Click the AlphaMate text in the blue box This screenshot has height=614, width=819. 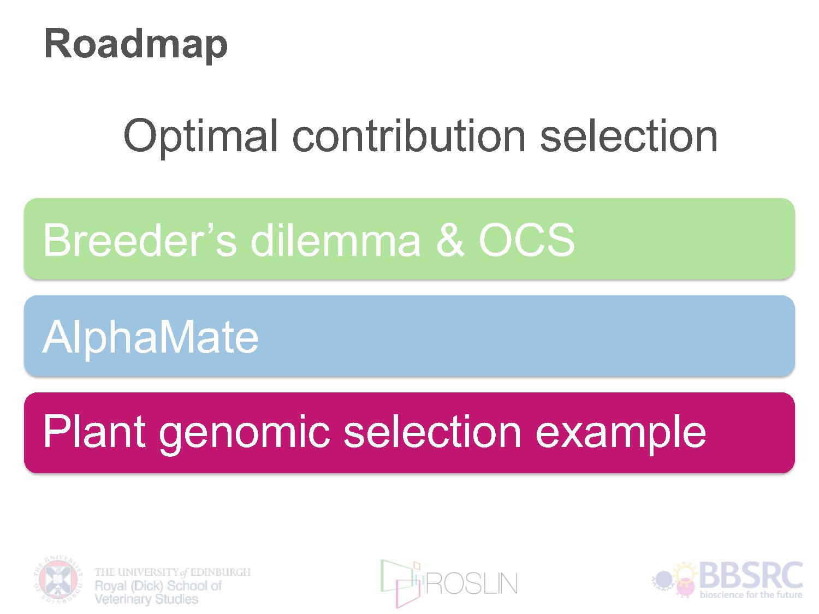point(150,338)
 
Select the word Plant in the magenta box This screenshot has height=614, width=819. point(94,431)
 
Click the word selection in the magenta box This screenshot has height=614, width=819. point(432,431)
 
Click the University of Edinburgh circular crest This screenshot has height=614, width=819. point(58,580)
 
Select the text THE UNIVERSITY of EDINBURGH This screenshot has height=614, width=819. point(173,572)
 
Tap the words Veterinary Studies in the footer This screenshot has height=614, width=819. point(146,599)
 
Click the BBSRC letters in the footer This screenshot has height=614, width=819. point(751,575)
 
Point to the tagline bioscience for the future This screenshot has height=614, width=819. point(751,594)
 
